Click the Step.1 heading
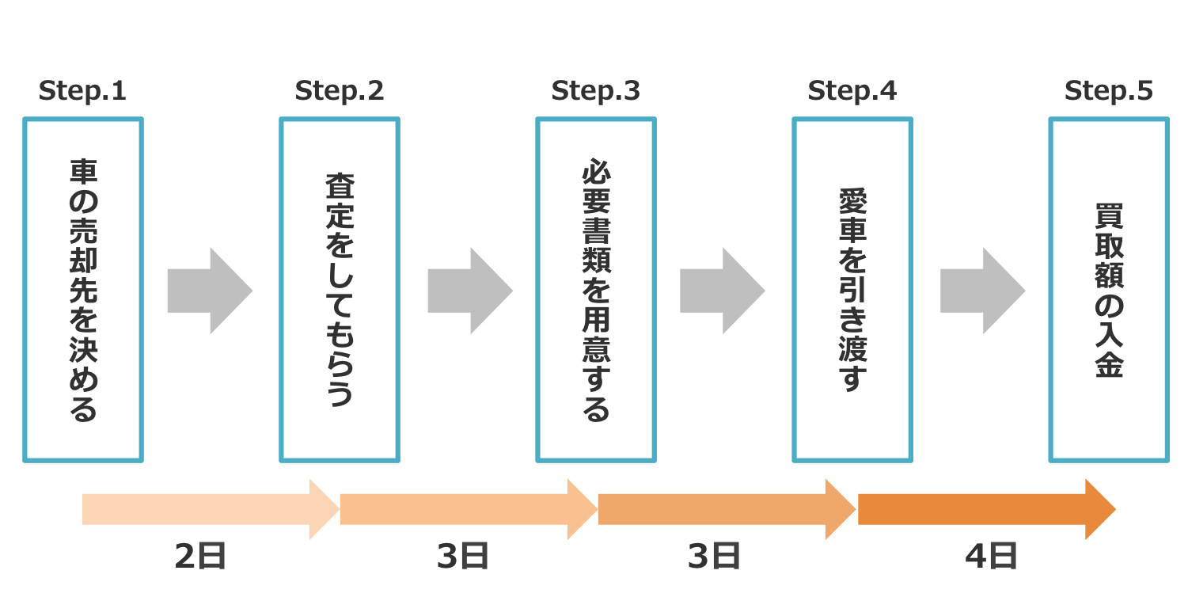(82, 91)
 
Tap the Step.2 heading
(339, 91)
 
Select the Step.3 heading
(595, 91)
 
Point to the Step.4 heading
(852, 91)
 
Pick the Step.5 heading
(1108, 91)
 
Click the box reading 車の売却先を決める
(83, 290)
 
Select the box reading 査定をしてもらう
(340, 290)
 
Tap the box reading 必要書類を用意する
(596, 290)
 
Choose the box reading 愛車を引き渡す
(852, 290)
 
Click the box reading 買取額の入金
(1109, 290)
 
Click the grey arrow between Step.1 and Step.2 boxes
(209, 291)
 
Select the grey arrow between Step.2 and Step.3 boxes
(469, 291)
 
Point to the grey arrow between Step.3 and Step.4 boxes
(721, 291)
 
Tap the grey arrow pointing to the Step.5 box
(981, 291)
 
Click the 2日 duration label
(200, 557)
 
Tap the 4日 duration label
(991, 557)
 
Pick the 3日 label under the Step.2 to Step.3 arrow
(462, 557)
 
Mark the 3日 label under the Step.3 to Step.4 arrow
(714, 557)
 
